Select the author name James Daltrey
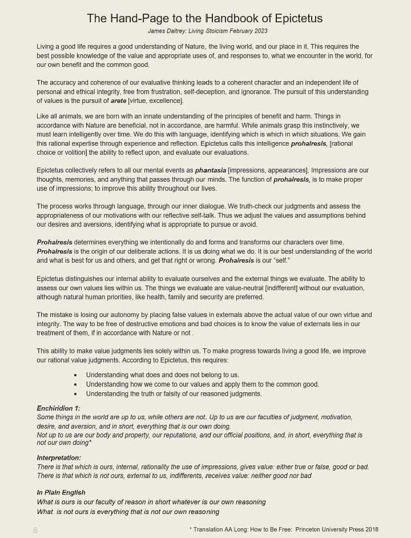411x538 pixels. point(168,31)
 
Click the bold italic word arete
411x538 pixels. point(118,101)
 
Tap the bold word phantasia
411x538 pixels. point(210,170)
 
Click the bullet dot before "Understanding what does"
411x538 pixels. point(75,375)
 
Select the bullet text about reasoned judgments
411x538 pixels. point(174,394)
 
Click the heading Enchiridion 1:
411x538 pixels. point(58,408)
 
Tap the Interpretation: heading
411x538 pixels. point(59,458)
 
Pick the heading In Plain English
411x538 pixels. point(61,492)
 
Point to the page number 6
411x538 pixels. point(35,530)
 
